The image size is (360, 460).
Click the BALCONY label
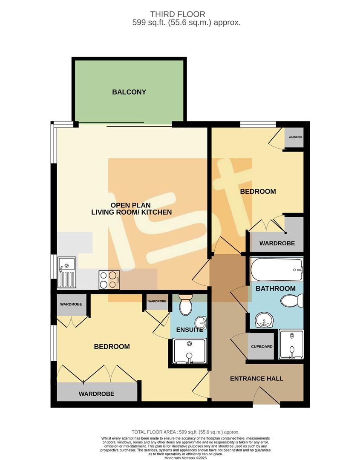[x=129, y=92]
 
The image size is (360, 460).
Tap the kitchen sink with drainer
[x=67, y=272]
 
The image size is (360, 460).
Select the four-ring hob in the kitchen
[x=109, y=280]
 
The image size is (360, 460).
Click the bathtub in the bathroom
[x=276, y=270]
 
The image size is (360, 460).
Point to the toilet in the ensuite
[x=186, y=305]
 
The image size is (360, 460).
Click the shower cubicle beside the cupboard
[x=291, y=344]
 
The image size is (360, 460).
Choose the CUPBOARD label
[x=262, y=347]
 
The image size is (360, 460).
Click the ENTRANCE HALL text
[x=256, y=379]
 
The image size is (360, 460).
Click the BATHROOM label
[x=275, y=288]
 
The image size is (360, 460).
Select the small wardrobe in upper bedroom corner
[x=295, y=138]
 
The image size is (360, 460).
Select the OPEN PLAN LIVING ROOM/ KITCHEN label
[x=132, y=208]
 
